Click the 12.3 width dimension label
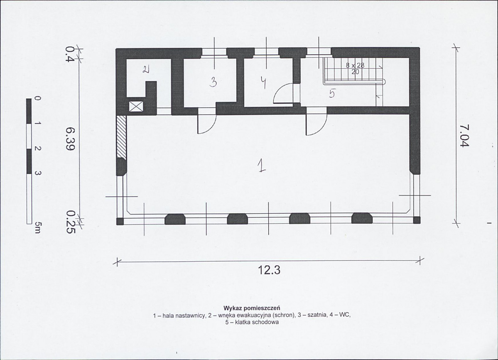(269, 270)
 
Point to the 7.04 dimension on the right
(464, 136)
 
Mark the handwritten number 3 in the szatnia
(213, 83)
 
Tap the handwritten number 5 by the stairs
(332, 94)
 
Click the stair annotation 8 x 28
(355, 65)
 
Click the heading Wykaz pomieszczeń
(252, 308)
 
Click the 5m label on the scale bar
(37, 227)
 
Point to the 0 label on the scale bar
(37, 99)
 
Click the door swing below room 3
(207, 123)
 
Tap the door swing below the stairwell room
(316, 124)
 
